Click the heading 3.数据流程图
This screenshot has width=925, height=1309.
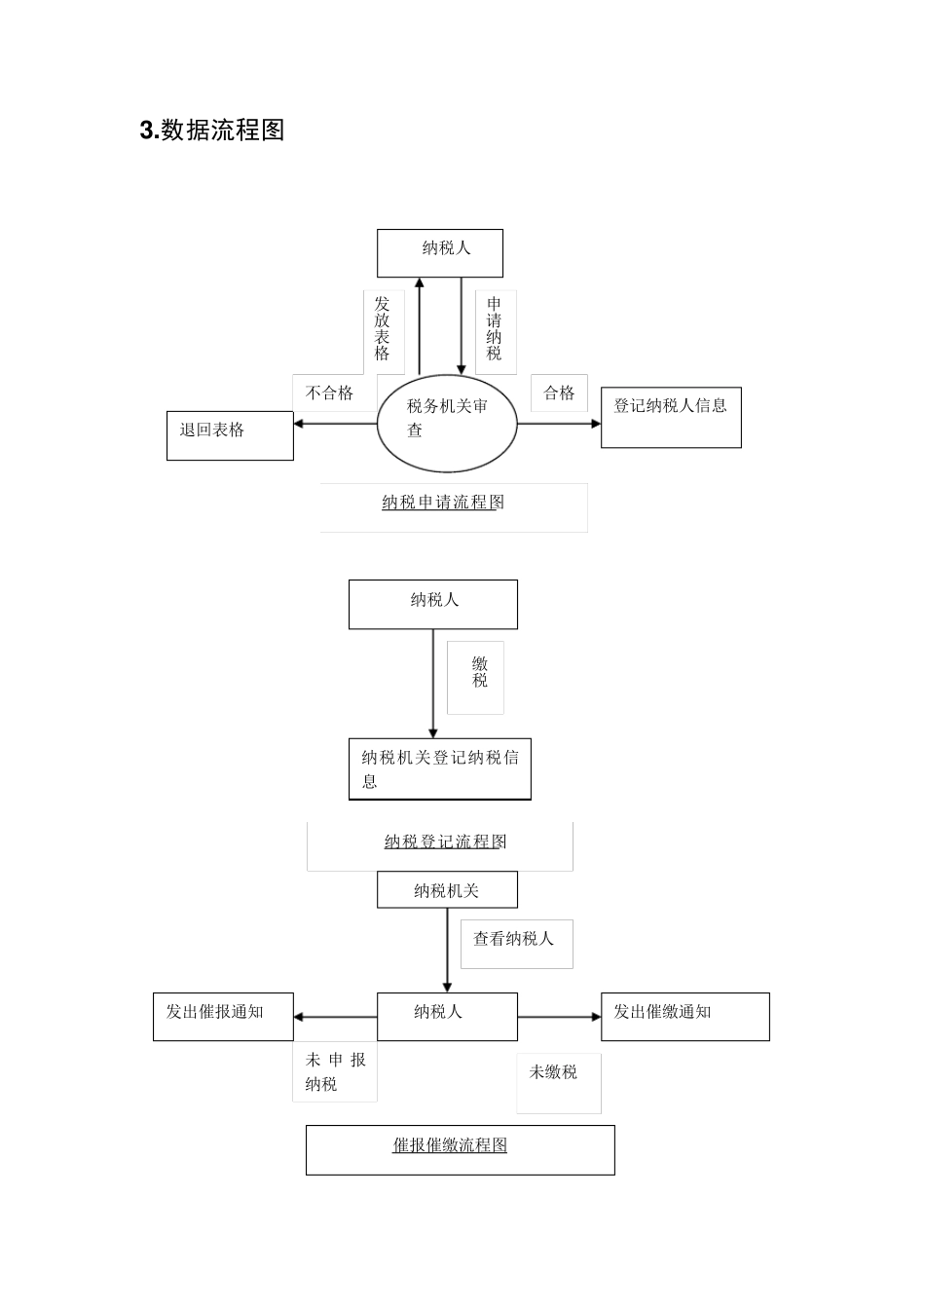[x=212, y=131]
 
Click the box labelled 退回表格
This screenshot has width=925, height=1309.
[x=230, y=435]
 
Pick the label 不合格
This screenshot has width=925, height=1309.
[x=329, y=393]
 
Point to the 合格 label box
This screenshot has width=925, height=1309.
[x=559, y=393]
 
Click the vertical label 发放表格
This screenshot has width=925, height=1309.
[x=383, y=329]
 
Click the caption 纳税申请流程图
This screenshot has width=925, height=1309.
[x=444, y=504]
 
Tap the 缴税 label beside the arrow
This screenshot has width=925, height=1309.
[x=479, y=673]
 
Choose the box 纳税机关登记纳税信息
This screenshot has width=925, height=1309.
[x=439, y=769]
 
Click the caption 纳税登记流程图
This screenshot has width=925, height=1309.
[x=445, y=842]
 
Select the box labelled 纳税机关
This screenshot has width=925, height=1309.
[x=447, y=890]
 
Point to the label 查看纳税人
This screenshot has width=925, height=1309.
[x=514, y=940]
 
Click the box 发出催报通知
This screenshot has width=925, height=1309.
[x=223, y=1016]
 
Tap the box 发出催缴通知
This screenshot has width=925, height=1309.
[x=684, y=1016]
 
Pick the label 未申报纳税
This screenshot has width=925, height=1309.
[x=335, y=1072]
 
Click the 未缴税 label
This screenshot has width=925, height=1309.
[x=554, y=1073]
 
